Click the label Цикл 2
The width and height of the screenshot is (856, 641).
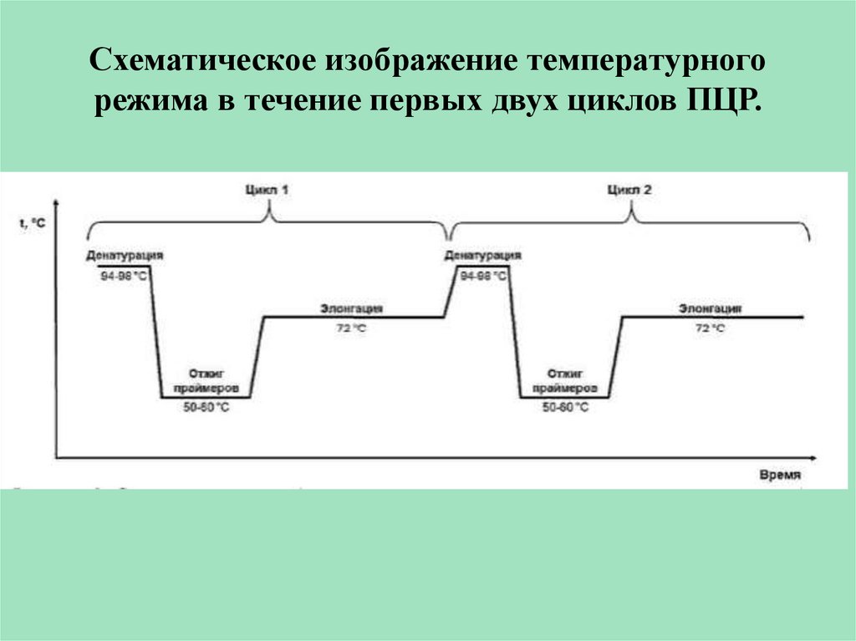[x=629, y=191]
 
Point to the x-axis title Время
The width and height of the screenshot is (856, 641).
[x=781, y=474]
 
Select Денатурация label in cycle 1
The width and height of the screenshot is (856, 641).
[x=123, y=254]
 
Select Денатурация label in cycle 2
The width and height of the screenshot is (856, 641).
[x=483, y=254]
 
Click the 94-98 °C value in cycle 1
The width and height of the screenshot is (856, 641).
[x=125, y=276]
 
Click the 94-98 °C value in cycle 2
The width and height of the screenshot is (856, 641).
[x=483, y=276]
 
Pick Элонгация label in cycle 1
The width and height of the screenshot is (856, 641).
[x=351, y=308]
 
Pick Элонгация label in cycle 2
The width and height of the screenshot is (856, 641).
[x=710, y=308]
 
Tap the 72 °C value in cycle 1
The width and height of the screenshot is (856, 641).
[x=351, y=328]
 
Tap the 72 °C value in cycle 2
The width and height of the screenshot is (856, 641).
[x=710, y=328]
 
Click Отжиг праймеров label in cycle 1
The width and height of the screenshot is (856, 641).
[x=206, y=383]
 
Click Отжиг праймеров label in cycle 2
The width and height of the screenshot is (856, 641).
[x=566, y=383]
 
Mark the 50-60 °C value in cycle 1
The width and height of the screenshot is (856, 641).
[x=206, y=407]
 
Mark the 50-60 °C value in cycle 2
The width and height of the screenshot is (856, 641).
[x=566, y=407]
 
